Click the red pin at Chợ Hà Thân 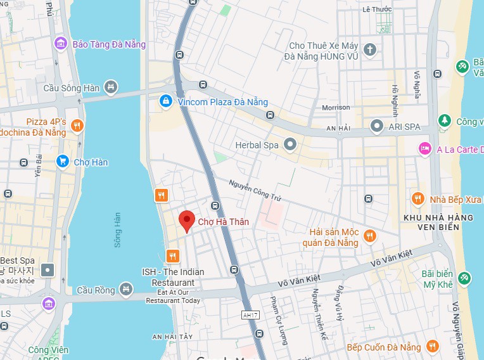click(186, 221)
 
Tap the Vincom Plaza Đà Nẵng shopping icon click(165, 101)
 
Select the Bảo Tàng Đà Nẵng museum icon click(61, 44)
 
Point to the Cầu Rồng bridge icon click(127, 290)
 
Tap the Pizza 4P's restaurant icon click(77, 126)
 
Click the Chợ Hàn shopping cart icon click(62, 162)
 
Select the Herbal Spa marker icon click(290, 145)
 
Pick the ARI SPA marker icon click(377, 126)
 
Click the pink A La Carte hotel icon click(424, 149)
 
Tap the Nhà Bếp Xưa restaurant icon click(417, 199)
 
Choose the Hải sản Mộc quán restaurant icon click(370, 237)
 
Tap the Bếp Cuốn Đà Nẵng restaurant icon click(433, 347)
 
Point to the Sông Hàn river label click(117, 229)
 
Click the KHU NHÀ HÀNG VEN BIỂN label click(438, 223)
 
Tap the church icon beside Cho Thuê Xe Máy click(370, 48)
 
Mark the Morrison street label click(336, 108)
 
